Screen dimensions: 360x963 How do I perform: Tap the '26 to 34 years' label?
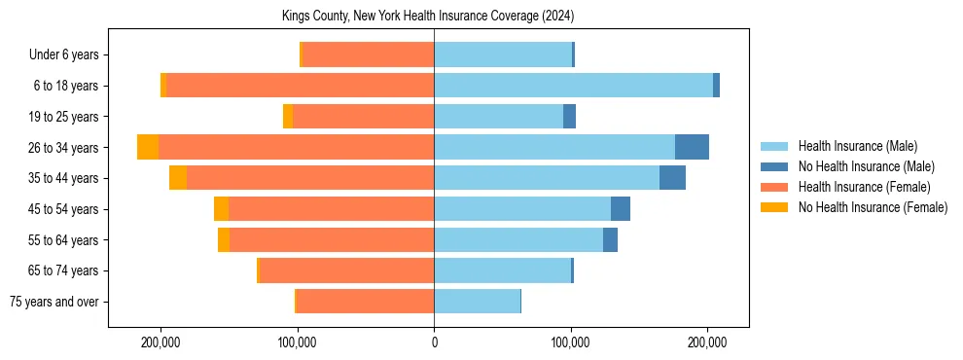pyautogui.click(x=64, y=148)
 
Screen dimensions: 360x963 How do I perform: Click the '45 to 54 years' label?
pyautogui.click(x=64, y=209)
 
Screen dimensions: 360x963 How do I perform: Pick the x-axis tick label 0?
pyautogui.click(x=434, y=342)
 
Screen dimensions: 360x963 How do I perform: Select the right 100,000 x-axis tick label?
pyautogui.click(x=571, y=342)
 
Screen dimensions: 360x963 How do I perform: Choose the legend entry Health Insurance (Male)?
pyautogui.click(x=857, y=146)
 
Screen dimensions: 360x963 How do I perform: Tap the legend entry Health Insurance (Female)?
pyautogui.click(x=864, y=187)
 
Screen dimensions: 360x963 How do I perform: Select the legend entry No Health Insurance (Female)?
pyautogui.click(x=873, y=207)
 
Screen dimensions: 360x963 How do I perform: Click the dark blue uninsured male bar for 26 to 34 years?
pyautogui.click(x=692, y=147)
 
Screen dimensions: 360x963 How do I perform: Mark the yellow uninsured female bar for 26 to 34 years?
pyautogui.click(x=148, y=147)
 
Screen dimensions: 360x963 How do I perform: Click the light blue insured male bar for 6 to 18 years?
pyautogui.click(x=573, y=86)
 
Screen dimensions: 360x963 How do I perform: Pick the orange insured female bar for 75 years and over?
pyautogui.click(x=365, y=302)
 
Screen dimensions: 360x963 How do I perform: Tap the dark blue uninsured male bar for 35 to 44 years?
pyautogui.click(x=672, y=178)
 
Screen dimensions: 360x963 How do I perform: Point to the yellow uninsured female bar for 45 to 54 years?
pyautogui.click(x=221, y=209)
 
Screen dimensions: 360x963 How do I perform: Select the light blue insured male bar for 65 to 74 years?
pyautogui.click(x=502, y=270)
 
